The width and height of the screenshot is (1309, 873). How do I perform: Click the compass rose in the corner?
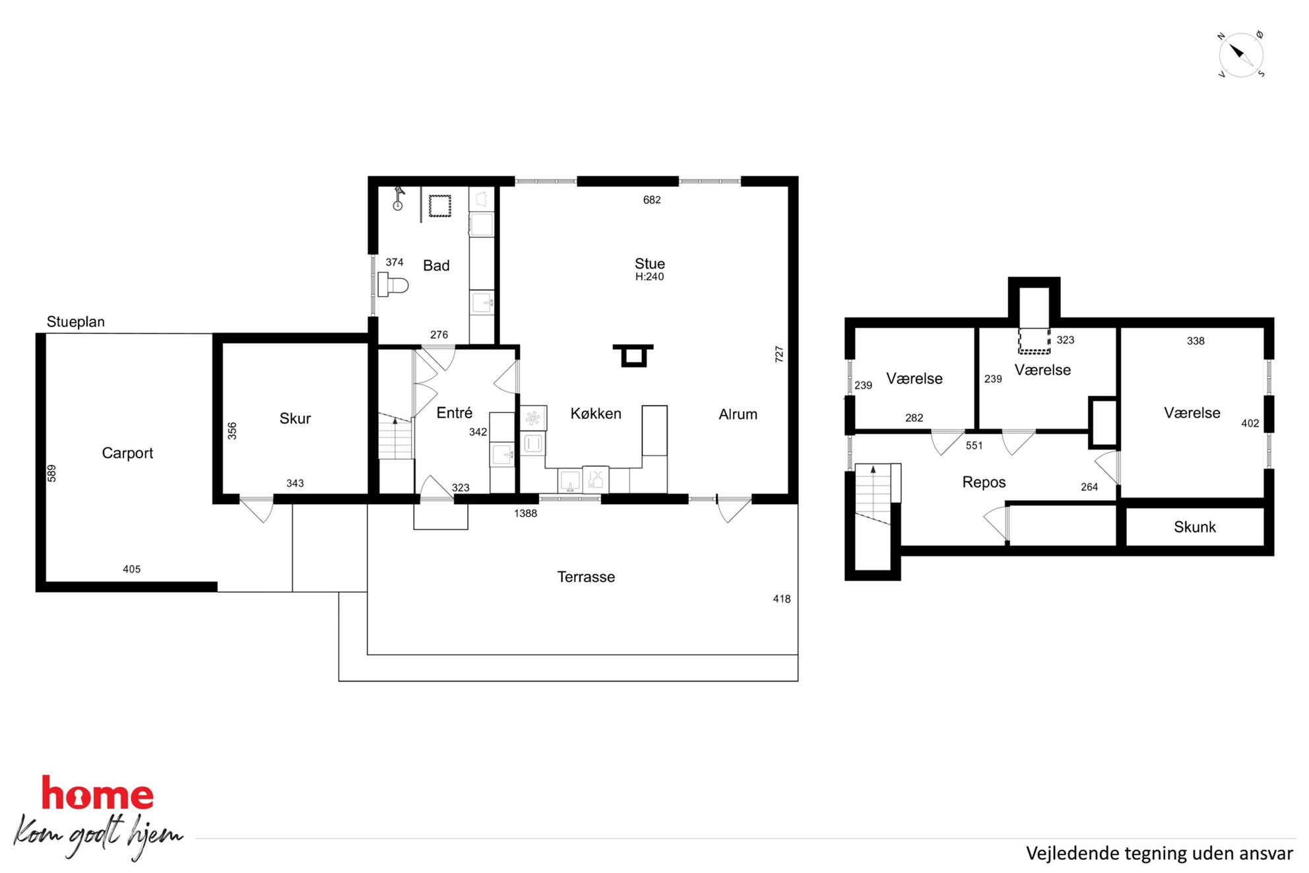[x=1241, y=55]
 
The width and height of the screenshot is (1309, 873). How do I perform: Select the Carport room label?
[x=127, y=453]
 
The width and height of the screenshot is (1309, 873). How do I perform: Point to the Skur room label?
[x=295, y=418]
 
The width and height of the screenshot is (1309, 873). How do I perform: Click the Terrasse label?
[x=586, y=577]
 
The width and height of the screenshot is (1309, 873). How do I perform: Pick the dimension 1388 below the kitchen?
[x=525, y=513]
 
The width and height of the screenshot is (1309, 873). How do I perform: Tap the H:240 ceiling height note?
[x=649, y=277]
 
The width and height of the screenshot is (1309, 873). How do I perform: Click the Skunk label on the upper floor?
[x=1194, y=527]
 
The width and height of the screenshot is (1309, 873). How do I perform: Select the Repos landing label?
[x=984, y=482]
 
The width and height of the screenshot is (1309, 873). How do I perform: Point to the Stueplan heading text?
[x=76, y=322]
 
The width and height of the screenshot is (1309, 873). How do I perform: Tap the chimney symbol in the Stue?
[x=633, y=355]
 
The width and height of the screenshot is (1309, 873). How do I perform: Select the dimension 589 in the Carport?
[x=51, y=473]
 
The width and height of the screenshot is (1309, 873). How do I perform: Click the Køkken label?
[x=596, y=414]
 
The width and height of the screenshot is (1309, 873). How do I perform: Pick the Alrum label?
[x=738, y=414]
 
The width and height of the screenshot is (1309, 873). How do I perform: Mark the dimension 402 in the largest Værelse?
[x=1250, y=424]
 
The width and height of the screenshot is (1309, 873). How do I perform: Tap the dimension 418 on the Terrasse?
[x=782, y=599]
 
